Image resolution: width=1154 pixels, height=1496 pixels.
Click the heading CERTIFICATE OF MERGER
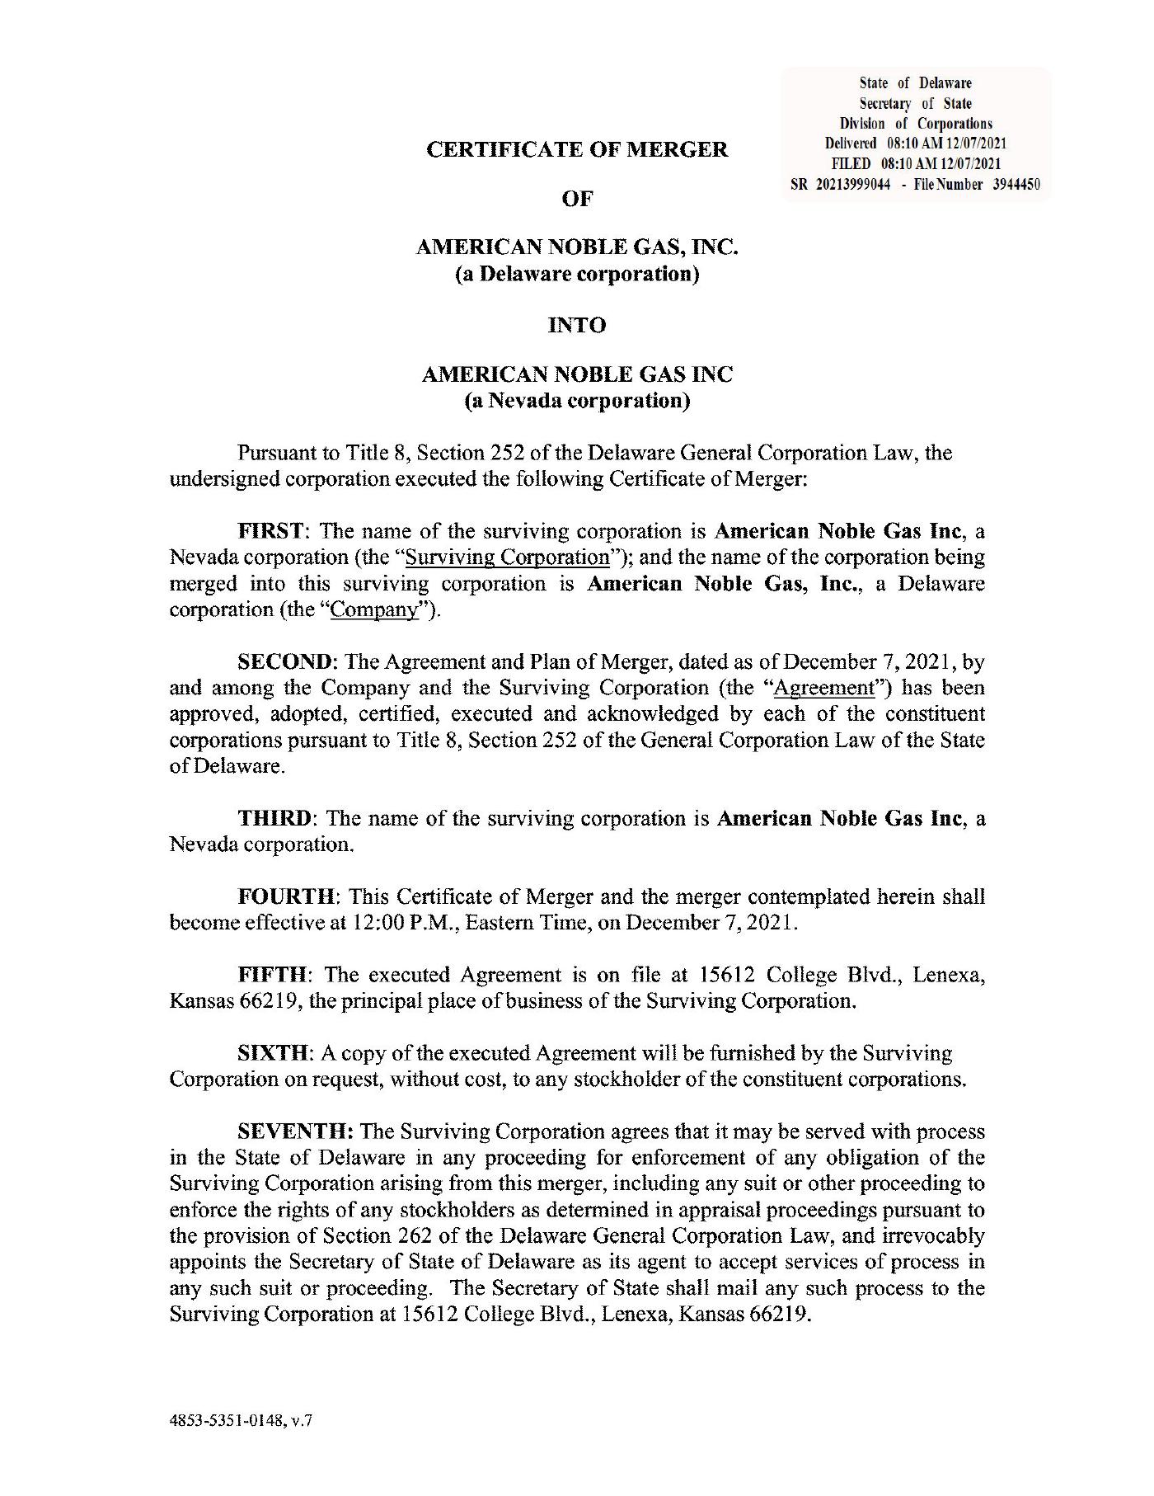point(577,150)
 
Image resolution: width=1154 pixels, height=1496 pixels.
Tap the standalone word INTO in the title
point(577,325)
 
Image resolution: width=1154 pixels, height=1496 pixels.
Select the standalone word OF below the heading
point(577,199)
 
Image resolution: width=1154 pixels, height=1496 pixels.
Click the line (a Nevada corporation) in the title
point(577,401)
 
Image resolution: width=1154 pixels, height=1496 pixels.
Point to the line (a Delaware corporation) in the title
point(577,273)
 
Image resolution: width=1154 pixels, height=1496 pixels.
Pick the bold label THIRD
point(274,818)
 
